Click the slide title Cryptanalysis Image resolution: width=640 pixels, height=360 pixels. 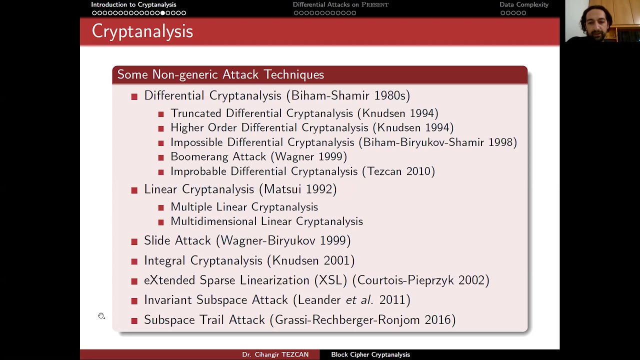(142, 31)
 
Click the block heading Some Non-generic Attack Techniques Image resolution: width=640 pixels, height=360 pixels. (220, 74)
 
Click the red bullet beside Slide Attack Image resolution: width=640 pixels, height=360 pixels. (134, 241)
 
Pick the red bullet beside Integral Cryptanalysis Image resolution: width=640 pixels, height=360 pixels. (134, 261)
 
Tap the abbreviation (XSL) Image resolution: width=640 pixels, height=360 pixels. (330, 280)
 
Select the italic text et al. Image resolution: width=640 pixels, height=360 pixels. (359, 300)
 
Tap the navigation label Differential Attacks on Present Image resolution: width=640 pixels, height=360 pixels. (340, 4)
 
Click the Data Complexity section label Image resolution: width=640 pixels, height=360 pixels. (524, 4)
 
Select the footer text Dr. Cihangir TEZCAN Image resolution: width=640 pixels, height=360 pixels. (275, 354)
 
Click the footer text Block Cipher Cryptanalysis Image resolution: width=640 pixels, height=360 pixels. (370, 354)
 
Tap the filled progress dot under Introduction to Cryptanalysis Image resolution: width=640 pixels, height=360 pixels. (162, 13)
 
